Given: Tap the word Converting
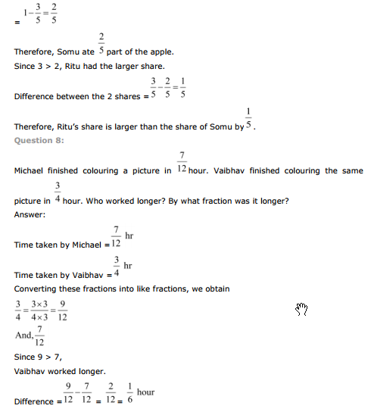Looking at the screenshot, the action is click(x=37, y=289).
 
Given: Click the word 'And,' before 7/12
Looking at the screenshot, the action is click(x=23, y=335).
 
